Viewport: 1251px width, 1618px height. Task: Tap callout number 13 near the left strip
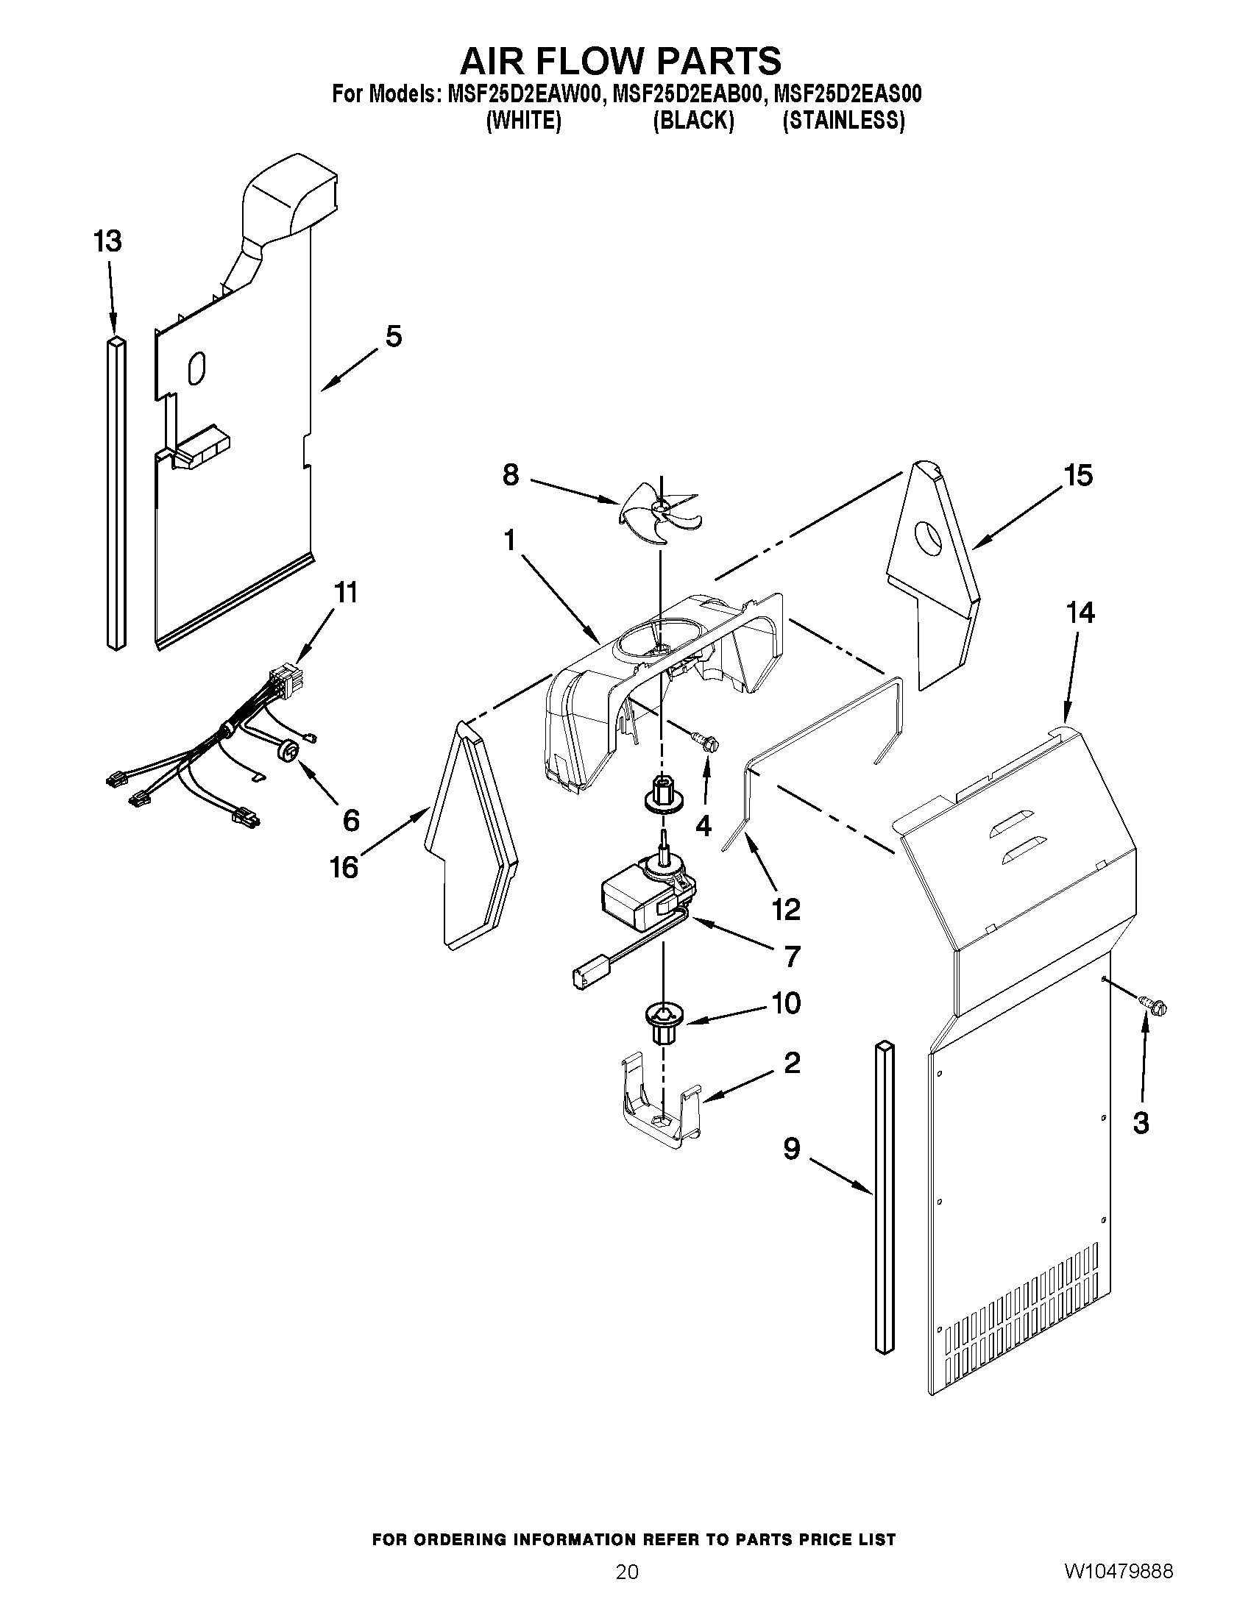click(x=108, y=240)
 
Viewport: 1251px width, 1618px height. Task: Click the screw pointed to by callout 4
click(x=705, y=743)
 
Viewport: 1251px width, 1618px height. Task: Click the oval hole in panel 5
click(x=196, y=368)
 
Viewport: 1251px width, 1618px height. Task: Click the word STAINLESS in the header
click(x=843, y=121)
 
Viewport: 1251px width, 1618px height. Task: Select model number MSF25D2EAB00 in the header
click(x=687, y=94)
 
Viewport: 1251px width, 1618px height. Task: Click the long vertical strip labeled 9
click(x=884, y=1200)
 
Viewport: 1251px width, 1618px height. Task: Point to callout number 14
click(x=1080, y=613)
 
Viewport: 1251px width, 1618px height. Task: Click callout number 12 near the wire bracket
click(x=786, y=909)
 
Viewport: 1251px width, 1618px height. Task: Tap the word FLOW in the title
click(x=621, y=61)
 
